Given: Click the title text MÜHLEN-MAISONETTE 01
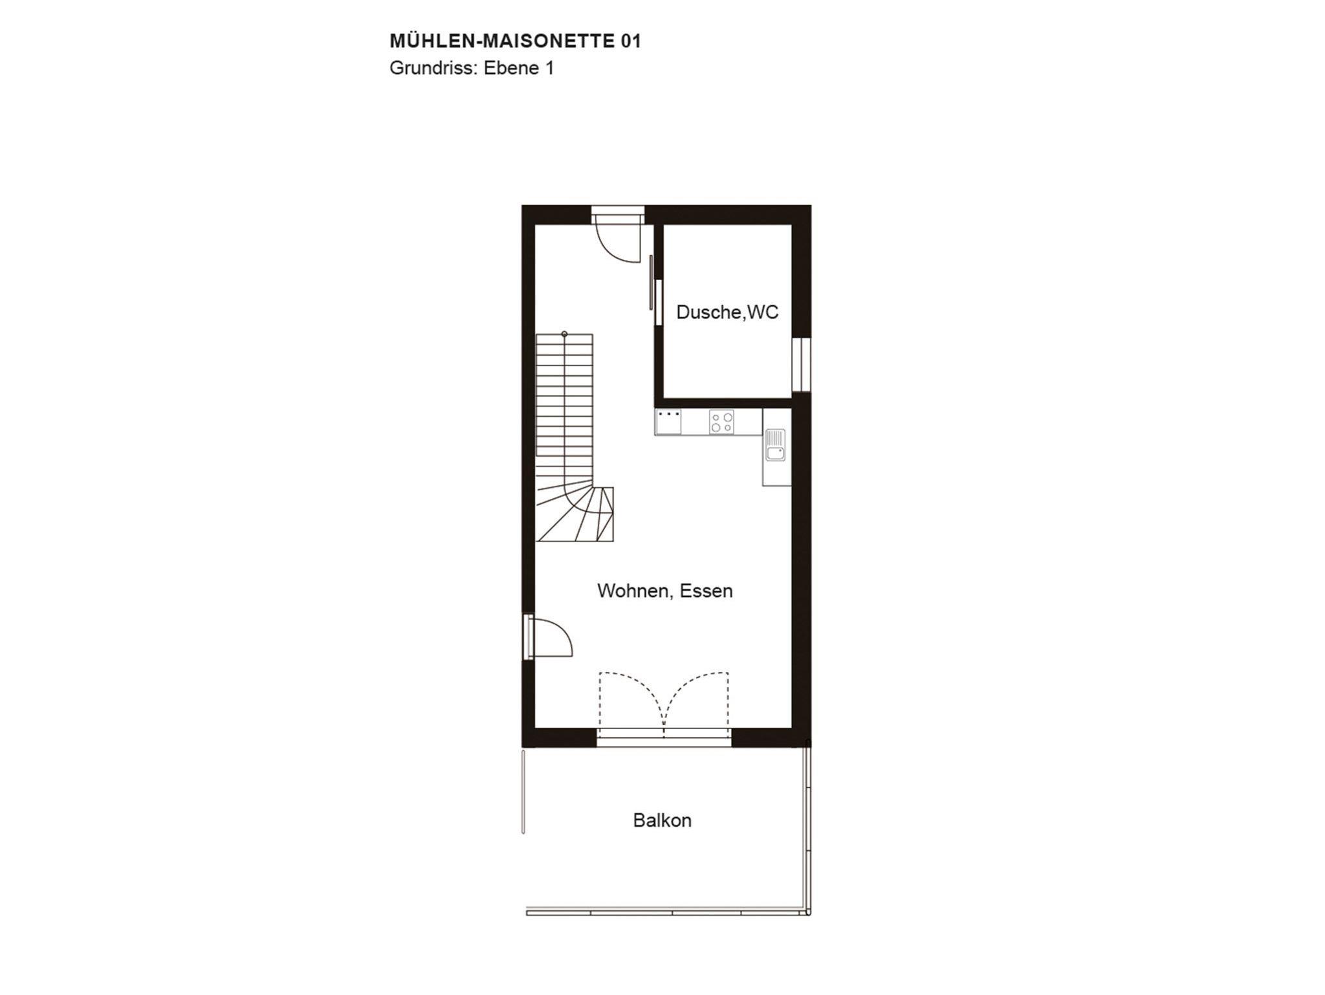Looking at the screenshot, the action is click(x=515, y=41).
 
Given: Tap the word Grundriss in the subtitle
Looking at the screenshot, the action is click(x=430, y=69).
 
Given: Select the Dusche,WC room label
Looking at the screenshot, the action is click(x=727, y=312).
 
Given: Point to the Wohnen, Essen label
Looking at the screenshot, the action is click(x=665, y=591).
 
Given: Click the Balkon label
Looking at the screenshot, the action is click(x=662, y=820).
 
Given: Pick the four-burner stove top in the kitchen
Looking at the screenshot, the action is click(x=721, y=422).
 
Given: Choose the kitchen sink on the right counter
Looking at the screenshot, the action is click(x=775, y=445).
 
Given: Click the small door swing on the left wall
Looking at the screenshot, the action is click(x=550, y=638).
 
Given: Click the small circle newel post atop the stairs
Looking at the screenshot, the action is click(x=565, y=334).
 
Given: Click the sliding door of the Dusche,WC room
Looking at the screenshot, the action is click(x=652, y=283).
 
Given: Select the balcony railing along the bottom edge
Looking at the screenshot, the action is click(x=668, y=913).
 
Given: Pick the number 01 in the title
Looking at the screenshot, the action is click(x=631, y=41).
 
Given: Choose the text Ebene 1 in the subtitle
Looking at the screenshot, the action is click(x=519, y=69).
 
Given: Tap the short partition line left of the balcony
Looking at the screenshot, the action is click(x=523, y=791).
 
